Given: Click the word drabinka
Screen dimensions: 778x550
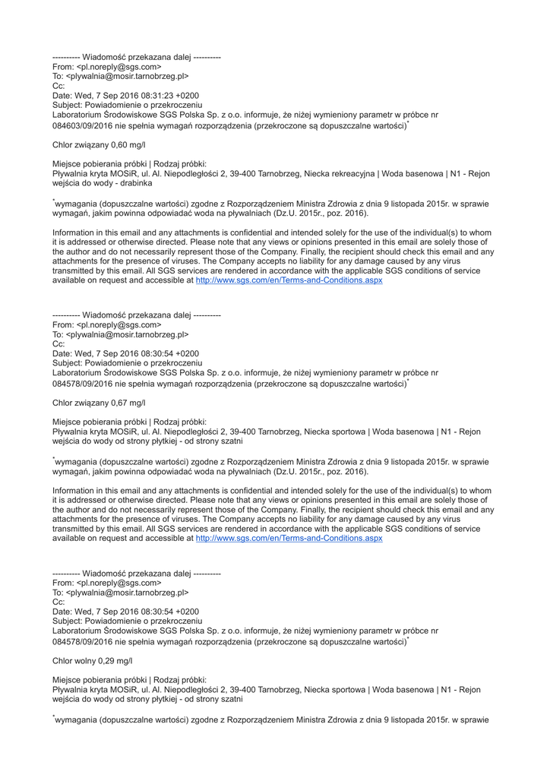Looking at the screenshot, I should coord(134,183).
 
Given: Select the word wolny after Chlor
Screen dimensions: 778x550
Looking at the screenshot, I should coord(85,661).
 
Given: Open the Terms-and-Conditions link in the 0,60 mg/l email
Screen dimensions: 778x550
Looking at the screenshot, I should coord(289,280).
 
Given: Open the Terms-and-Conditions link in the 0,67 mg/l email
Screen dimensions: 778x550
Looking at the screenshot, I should coord(289,539).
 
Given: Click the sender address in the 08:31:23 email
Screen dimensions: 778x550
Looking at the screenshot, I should coord(119,67).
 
